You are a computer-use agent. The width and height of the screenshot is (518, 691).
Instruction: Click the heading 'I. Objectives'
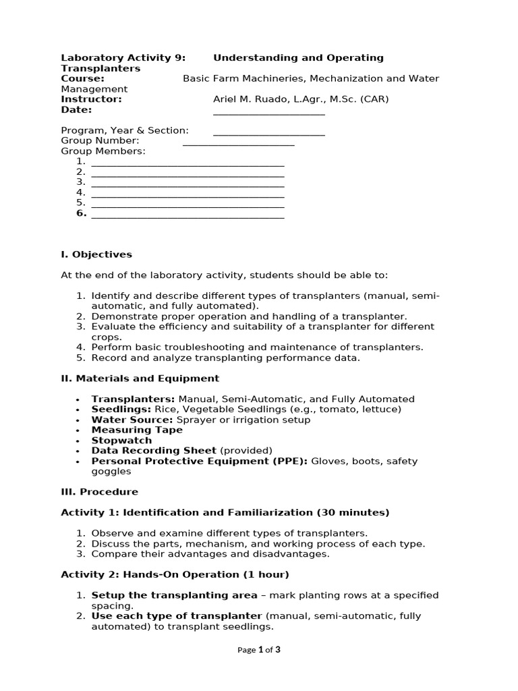click(96, 254)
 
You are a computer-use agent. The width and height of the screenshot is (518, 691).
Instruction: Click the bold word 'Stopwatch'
click(121, 441)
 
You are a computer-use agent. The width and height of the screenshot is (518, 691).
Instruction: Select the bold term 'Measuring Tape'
click(137, 430)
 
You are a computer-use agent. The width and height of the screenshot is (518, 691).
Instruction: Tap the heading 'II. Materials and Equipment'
click(140, 379)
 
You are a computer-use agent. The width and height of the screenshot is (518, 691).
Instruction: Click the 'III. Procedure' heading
click(99, 492)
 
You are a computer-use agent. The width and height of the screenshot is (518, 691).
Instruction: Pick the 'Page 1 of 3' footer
click(258, 650)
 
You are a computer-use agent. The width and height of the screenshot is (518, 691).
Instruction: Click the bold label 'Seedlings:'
click(118, 410)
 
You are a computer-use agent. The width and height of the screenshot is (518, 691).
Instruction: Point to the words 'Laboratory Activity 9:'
click(123, 58)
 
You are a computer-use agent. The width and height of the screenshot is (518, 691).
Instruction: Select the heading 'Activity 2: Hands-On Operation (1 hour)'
click(175, 574)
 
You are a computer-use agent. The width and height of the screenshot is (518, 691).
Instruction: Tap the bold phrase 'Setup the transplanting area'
click(174, 595)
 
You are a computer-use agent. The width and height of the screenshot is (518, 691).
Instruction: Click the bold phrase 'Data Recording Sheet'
click(154, 451)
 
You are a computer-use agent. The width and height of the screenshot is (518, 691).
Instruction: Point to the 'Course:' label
click(82, 78)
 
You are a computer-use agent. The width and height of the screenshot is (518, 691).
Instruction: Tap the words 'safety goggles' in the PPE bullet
click(109, 472)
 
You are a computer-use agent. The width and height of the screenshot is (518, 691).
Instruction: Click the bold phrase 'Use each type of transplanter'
click(176, 616)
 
